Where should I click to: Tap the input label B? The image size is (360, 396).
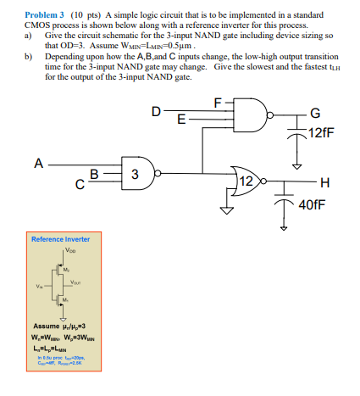pyautogui.click(x=96, y=173)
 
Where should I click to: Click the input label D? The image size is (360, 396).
pyautogui.click(x=156, y=111)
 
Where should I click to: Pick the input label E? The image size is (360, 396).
pyautogui.click(x=180, y=120)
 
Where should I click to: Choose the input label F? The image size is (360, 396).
pyautogui.click(x=219, y=103)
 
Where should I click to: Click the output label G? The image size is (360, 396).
pyautogui.click(x=316, y=113)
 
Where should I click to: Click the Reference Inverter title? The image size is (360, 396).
pyautogui.click(x=60, y=239)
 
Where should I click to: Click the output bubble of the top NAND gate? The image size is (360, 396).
pyautogui.click(x=273, y=112)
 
